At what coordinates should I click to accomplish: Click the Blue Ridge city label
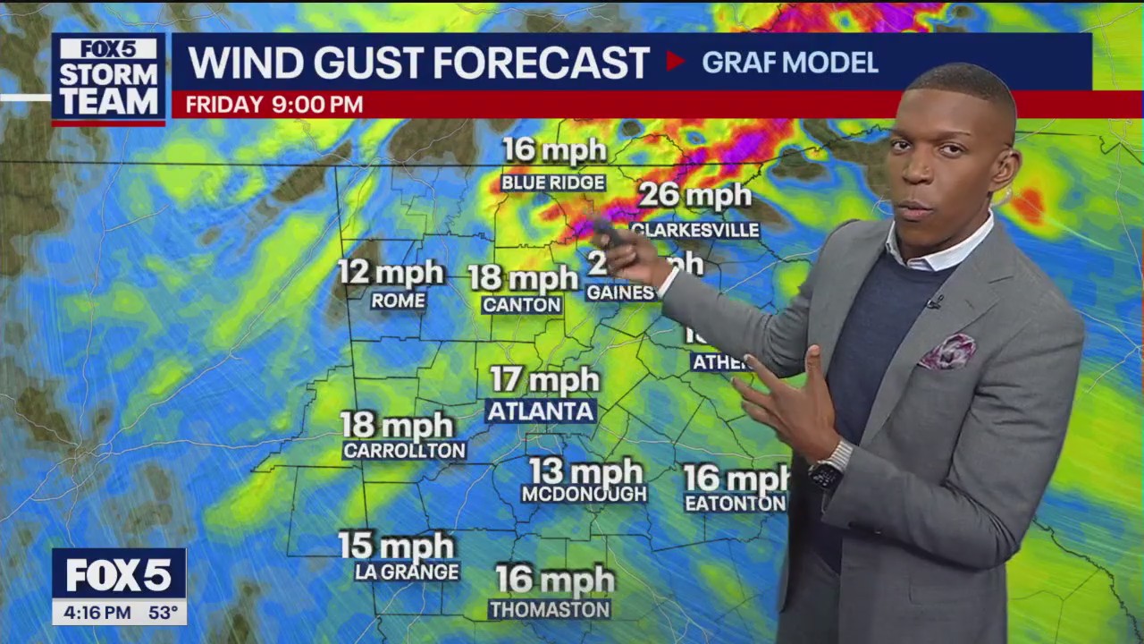553,183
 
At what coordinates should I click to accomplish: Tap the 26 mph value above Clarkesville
695,195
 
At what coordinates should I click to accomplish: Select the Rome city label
399,301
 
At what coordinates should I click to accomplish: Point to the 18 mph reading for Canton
524,278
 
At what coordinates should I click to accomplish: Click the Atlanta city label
541,411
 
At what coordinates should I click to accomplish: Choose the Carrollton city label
404,451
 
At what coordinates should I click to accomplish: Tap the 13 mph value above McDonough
585,471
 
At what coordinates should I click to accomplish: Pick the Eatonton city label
735,504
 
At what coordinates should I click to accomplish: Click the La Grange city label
407,572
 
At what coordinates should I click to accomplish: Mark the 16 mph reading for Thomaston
555,580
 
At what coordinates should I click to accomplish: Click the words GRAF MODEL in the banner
790,63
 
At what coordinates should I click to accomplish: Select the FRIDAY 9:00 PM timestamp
273,105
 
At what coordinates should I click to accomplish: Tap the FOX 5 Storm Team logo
108,79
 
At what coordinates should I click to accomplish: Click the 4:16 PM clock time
92,613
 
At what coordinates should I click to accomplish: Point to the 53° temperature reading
162,613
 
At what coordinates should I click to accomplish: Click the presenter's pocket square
948,352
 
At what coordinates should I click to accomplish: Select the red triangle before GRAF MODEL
675,62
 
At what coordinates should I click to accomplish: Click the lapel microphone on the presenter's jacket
934,302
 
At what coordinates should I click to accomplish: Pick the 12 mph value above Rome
391,272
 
